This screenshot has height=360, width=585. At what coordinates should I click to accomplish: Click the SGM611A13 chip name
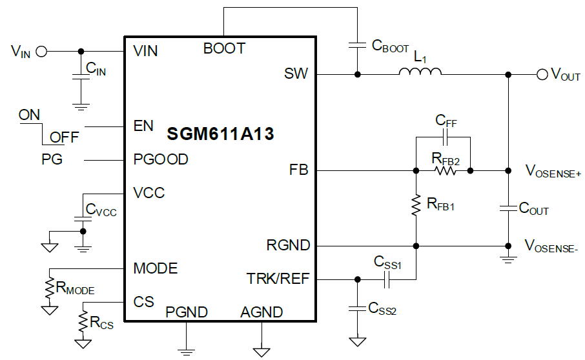coord(220,134)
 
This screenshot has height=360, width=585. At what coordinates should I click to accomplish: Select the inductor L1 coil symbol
coord(420,73)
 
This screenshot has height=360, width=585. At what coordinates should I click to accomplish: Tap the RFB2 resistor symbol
coord(446,171)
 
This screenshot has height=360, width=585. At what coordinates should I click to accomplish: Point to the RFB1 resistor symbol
coord(416,205)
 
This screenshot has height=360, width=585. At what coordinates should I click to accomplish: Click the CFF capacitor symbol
coord(446,137)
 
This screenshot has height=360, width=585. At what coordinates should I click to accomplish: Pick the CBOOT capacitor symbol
coord(356,46)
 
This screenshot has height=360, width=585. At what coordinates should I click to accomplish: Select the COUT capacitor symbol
coord(508,208)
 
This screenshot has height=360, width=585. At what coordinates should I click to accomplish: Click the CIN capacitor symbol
coord(80,77)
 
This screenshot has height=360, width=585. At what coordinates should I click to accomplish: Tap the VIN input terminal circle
coord(41,51)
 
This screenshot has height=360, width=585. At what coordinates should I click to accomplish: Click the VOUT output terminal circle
coord(542,74)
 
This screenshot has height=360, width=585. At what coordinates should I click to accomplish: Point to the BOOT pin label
coord(224,48)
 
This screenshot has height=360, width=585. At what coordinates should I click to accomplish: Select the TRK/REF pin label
coord(278,279)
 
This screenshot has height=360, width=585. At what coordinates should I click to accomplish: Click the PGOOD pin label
coord(160,159)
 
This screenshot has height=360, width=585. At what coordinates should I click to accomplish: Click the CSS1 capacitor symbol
coord(386,279)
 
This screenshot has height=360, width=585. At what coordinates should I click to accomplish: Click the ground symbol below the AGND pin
coord(262,352)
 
